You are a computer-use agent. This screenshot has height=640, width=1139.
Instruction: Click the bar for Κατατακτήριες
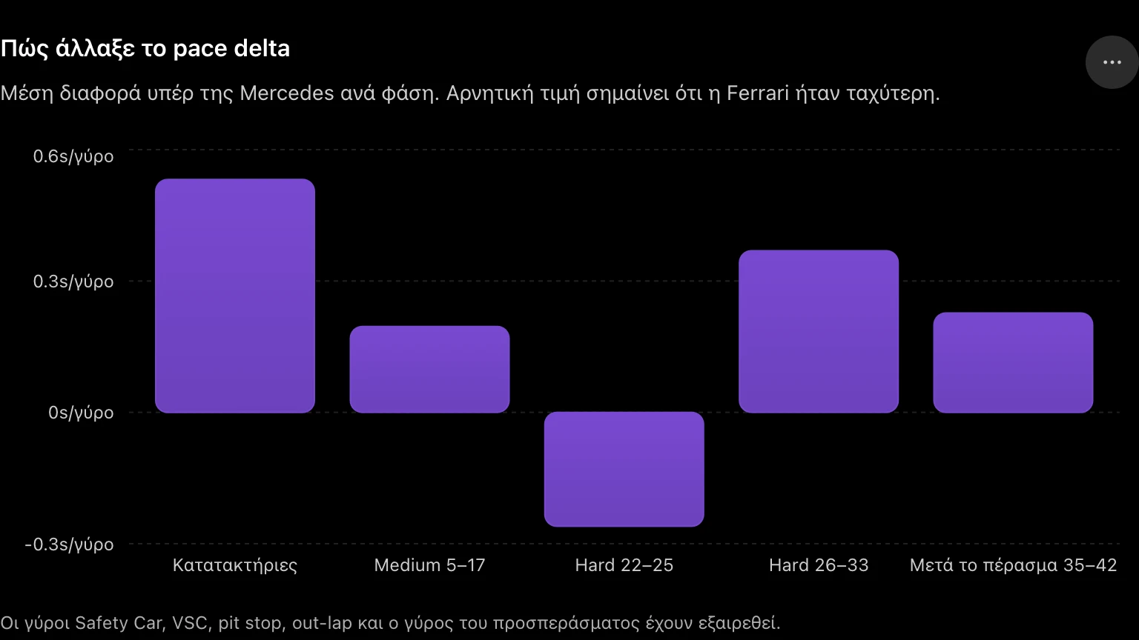coord(235,296)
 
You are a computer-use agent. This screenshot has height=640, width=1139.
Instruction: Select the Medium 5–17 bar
coord(429,370)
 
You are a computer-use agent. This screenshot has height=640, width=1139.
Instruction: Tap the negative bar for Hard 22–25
coord(624,470)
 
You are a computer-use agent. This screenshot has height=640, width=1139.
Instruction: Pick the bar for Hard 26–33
coord(819,331)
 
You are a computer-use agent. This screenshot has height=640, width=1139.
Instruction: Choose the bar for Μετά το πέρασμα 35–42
coord(1013,363)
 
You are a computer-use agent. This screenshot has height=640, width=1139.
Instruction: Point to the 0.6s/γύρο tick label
coord(73,156)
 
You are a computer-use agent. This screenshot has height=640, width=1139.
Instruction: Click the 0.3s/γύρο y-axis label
coord(73,281)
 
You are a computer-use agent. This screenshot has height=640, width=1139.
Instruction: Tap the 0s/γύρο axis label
coord(81,413)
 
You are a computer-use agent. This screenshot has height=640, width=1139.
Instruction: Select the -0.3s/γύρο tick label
coord(69,544)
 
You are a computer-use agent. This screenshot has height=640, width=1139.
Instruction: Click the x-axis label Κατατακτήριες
coord(235,565)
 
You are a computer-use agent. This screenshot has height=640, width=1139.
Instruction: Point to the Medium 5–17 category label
coord(429,565)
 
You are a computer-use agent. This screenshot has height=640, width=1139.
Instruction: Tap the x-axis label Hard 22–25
coord(624,565)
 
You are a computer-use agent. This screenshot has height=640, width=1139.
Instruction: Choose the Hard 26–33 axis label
coord(819,565)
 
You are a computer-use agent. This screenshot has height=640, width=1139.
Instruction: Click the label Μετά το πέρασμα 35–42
coord(1013,565)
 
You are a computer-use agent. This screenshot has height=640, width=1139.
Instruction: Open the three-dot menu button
coord(1112,62)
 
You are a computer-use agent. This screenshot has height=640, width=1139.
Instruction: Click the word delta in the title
coord(262,48)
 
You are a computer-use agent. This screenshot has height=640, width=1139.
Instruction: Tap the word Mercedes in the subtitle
coord(287,93)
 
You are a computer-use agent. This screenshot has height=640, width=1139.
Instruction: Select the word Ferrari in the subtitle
coord(758,93)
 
